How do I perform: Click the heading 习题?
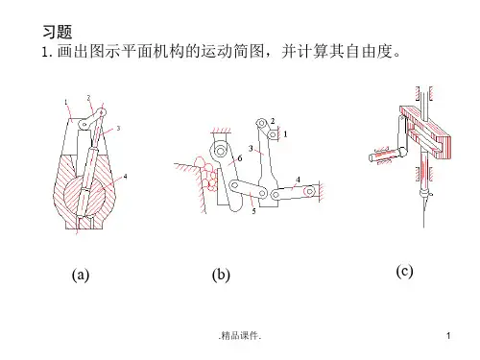[x=58, y=32]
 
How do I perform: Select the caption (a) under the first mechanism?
[x=81, y=275]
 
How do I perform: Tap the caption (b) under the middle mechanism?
[x=221, y=275]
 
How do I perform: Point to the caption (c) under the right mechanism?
[x=404, y=272]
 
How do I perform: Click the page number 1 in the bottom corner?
[x=448, y=335]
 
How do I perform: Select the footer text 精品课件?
[x=240, y=335]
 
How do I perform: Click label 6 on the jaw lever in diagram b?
[x=240, y=158]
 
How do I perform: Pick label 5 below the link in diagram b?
[x=253, y=211]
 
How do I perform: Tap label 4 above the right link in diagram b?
[x=298, y=180]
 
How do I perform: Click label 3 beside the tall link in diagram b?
[x=251, y=148]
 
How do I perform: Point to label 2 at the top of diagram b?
[x=273, y=121]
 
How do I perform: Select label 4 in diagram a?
[x=125, y=177]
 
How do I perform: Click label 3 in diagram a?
[x=118, y=129]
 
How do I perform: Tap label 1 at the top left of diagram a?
[x=66, y=103]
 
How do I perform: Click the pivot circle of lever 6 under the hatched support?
[x=220, y=151]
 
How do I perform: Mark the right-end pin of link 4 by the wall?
[x=310, y=191]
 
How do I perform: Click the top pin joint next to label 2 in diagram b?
[x=262, y=124]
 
